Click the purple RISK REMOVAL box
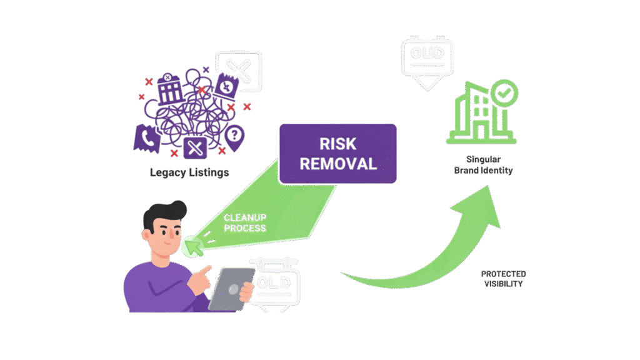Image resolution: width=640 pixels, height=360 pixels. tap(337, 154)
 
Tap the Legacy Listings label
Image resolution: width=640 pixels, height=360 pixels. tap(189, 172)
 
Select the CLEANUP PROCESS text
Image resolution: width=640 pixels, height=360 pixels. tap(245, 222)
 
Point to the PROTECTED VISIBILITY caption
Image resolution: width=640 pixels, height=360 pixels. tap(503, 279)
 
